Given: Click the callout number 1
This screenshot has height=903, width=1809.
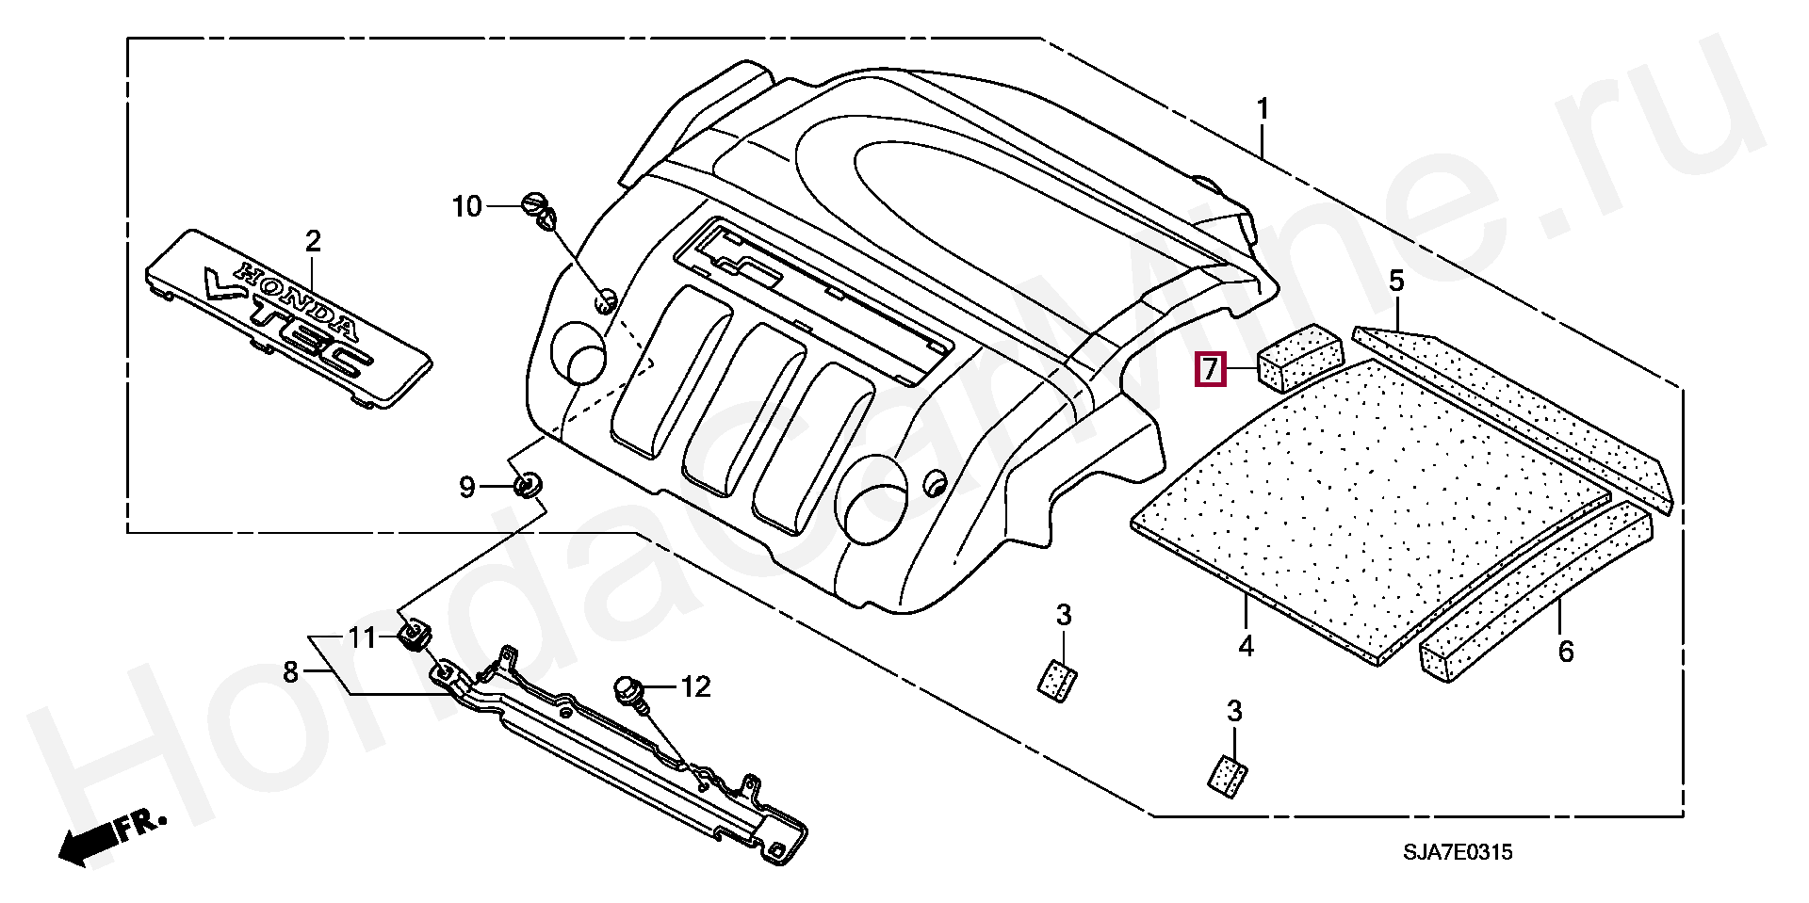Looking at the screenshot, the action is tap(1263, 110).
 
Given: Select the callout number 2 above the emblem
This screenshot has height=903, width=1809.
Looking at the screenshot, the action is tap(313, 241).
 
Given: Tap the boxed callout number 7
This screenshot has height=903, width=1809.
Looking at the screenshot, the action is tap(1210, 368).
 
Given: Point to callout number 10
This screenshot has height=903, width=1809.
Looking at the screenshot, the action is tap(467, 205).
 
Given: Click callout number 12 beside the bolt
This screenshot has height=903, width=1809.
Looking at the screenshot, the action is tap(695, 686).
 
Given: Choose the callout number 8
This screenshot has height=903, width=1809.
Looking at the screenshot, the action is tap(290, 672).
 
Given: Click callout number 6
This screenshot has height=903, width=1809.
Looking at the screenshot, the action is tap(1565, 651).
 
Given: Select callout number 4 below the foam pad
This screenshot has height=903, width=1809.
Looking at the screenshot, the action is tap(1246, 647).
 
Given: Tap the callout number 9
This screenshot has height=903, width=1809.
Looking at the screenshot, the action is tap(466, 487).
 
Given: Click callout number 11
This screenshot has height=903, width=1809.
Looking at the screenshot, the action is tap(363, 638).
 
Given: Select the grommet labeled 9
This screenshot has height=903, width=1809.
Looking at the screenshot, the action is tap(528, 486).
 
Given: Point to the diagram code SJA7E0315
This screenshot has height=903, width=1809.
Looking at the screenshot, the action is tap(1458, 852).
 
